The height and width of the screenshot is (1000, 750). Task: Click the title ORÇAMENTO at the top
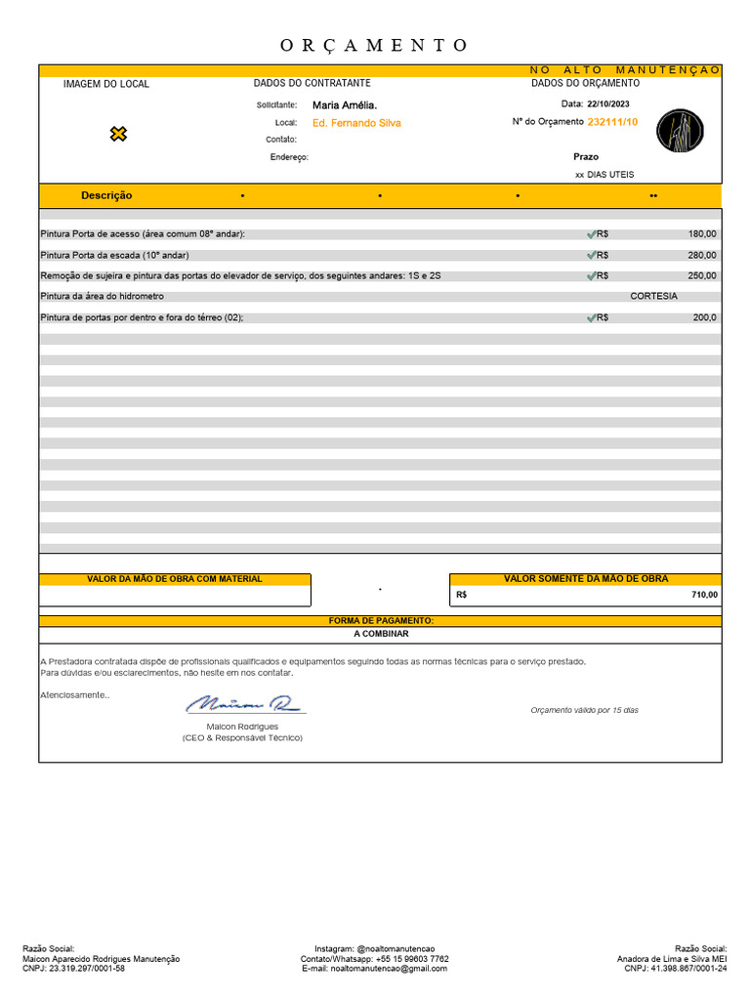click(x=375, y=45)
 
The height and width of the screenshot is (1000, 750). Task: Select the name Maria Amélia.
click(x=344, y=104)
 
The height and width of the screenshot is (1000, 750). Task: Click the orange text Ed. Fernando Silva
click(x=356, y=123)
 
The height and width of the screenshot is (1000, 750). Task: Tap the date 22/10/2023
click(x=608, y=104)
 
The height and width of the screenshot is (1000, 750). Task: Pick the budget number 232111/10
click(x=612, y=122)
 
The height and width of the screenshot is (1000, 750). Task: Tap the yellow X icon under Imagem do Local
click(x=118, y=134)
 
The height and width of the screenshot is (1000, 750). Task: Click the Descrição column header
click(x=106, y=195)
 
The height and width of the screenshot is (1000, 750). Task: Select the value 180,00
click(x=701, y=234)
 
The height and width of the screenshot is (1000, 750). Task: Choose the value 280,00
click(x=701, y=255)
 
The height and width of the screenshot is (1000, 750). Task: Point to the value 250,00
click(x=701, y=275)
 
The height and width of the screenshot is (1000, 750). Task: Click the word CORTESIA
click(x=653, y=296)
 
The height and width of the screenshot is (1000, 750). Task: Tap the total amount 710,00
click(x=704, y=595)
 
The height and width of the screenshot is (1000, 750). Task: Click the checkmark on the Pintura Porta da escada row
click(x=591, y=255)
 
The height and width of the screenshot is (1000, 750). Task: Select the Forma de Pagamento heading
click(x=381, y=621)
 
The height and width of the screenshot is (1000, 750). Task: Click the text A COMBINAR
click(x=381, y=634)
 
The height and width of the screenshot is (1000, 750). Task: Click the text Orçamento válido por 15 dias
click(x=584, y=710)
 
